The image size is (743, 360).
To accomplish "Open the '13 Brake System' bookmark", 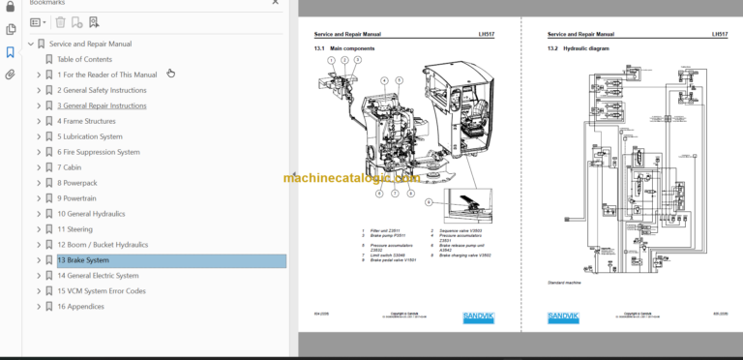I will click(x=83, y=260).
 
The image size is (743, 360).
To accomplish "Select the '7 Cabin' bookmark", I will click(x=69, y=167).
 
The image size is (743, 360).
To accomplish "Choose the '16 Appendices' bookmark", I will click(x=80, y=307).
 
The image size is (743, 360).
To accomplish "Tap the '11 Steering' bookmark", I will click(x=74, y=229).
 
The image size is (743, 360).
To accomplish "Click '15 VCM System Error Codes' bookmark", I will click(x=101, y=291).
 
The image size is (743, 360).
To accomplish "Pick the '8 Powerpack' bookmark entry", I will click(x=77, y=183).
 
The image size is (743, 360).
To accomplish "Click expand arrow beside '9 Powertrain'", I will click(x=39, y=198).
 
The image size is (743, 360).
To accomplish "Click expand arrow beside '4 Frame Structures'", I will click(x=39, y=121).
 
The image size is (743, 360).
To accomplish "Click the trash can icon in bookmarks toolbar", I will click(x=60, y=21).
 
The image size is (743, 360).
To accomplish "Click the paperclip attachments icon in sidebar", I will click(x=11, y=74).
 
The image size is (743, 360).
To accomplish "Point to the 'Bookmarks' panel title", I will click(x=47, y=3).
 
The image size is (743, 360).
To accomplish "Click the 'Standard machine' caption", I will click(x=563, y=282).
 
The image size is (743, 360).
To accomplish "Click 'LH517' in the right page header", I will click(x=720, y=34).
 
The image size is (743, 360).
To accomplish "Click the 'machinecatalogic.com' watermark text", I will click(x=352, y=178).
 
